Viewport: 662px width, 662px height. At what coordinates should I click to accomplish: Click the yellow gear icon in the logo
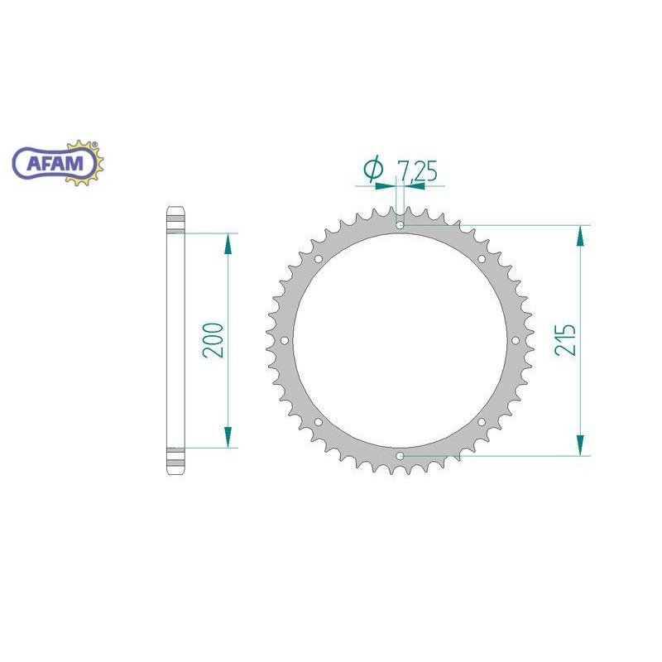pyautogui.click(x=93, y=162)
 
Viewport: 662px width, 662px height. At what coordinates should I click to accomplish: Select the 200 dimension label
pyautogui.click(x=213, y=340)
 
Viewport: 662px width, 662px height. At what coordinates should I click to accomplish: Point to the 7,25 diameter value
pyautogui.click(x=416, y=171)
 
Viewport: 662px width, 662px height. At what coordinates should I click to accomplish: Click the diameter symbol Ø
pyautogui.click(x=373, y=170)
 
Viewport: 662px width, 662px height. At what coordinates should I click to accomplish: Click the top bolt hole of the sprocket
pyautogui.click(x=400, y=224)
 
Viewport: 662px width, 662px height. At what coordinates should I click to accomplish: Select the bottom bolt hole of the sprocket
pyautogui.click(x=400, y=456)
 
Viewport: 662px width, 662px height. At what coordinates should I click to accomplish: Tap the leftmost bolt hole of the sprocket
pyautogui.click(x=284, y=340)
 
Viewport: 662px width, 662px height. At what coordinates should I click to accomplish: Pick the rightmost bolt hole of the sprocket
pyautogui.click(x=516, y=340)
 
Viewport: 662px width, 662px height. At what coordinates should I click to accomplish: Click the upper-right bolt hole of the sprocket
pyautogui.click(x=482, y=258)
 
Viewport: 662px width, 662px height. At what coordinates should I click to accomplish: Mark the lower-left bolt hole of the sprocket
pyautogui.click(x=318, y=422)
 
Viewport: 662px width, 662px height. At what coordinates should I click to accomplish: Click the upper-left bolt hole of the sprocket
pyautogui.click(x=318, y=258)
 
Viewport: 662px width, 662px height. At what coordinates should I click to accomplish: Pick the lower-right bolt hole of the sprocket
pyautogui.click(x=482, y=422)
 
